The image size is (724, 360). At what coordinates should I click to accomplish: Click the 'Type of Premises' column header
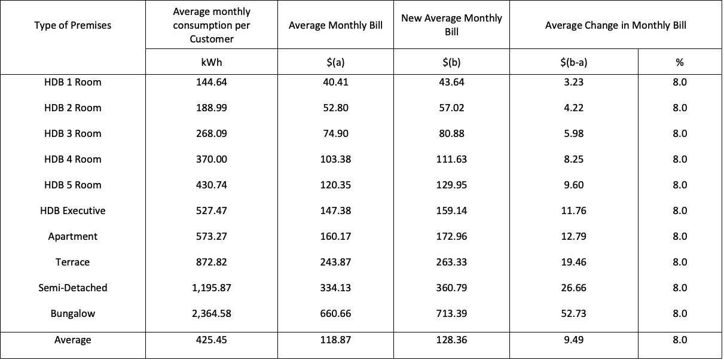tap(72, 25)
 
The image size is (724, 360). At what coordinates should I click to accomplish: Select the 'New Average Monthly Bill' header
tap(451, 25)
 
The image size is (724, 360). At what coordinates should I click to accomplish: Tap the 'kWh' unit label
tap(211, 62)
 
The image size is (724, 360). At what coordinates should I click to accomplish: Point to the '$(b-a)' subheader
tap(573, 62)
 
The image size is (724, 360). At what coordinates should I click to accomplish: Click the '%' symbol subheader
tap(680, 62)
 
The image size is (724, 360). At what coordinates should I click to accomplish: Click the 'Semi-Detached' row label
tap(72, 288)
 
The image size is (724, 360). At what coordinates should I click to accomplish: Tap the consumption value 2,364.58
tap(211, 314)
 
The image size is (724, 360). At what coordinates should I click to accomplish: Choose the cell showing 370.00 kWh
tap(211, 160)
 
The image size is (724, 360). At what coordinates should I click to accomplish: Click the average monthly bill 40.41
tap(335, 83)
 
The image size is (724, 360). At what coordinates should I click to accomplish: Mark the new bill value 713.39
tap(451, 314)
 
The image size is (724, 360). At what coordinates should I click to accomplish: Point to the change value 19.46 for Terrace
tap(573, 263)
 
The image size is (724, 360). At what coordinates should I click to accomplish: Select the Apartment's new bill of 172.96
tap(451, 237)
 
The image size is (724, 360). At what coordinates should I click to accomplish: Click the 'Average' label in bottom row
tap(72, 340)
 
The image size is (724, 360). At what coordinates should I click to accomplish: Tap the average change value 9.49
tap(573, 340)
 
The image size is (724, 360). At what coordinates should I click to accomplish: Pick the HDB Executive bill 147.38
tap(335, 211)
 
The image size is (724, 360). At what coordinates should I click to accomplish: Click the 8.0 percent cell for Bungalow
tap(680, 314)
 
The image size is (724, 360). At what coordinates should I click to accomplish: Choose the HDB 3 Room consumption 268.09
tap(211, 134)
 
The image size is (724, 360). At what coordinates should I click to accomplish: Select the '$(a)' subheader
tap(335, 62)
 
